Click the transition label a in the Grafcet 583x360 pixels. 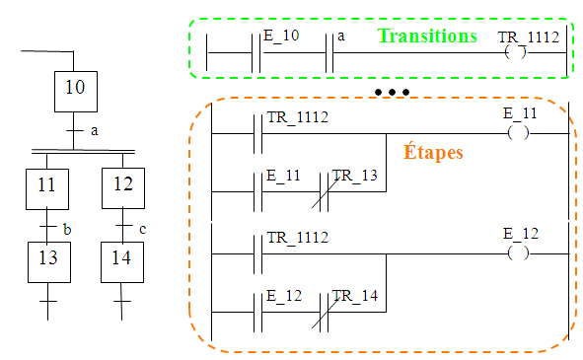[95, 131]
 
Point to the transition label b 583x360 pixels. [67, 230]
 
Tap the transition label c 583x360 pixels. [142, 229]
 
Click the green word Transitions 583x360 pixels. [427, 36]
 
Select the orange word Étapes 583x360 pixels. [433, 152]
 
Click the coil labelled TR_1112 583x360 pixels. [516, 52]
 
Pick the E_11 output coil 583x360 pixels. [518, 133]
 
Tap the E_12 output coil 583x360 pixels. [518, 253]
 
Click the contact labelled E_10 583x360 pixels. [255, 53]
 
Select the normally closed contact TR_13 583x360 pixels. [324, 192]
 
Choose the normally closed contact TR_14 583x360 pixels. [324, 312]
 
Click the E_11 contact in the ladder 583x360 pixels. [258, 192]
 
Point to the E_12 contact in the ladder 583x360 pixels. [258, 312]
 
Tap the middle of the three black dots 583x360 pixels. [392, 92]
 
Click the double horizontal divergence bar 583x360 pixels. [83, 152]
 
